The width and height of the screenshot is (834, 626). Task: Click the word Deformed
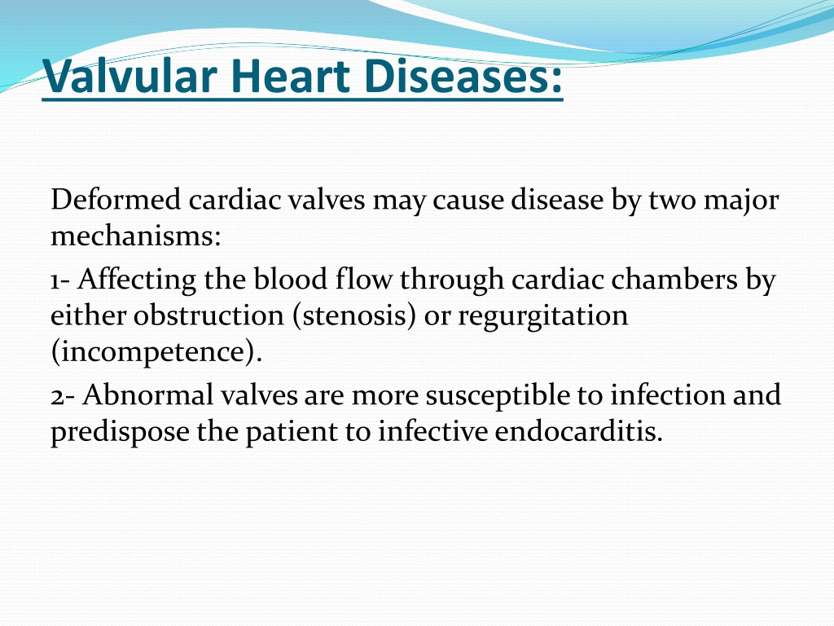116,200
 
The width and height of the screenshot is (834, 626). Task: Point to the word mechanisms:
136,236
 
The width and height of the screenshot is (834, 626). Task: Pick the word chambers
674,279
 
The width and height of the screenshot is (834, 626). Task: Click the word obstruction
208,315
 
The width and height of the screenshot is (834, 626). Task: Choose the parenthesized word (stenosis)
354,316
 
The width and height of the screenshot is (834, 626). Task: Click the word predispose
120,432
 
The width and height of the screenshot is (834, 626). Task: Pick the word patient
292,432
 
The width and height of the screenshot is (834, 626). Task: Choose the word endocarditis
579,430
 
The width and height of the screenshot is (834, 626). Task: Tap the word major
741,201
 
